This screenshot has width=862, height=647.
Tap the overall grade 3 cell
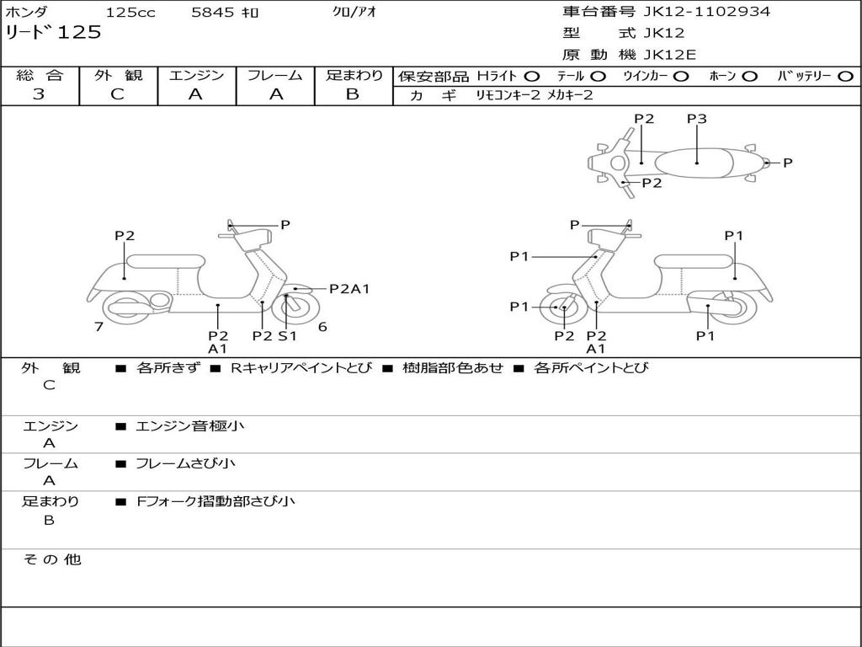(40, 94)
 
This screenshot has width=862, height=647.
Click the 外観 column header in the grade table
(118, 76)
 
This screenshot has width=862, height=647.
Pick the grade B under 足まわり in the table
(353, 94)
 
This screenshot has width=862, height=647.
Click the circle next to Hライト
(532, 76)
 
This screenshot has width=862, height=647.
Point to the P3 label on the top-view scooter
(696, 119)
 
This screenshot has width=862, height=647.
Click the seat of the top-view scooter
(697, 161)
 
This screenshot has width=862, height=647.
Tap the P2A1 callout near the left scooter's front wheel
(349, 289)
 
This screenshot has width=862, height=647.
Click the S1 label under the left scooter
(287, 335)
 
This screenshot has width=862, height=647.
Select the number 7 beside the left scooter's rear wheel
(98, 327)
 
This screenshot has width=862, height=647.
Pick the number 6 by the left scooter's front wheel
(322, 327)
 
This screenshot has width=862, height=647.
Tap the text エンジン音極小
(190, 426)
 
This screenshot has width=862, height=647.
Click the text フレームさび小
(186, 463)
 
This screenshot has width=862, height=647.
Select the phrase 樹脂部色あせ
(453, 368)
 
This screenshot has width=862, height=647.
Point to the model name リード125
(53, 33)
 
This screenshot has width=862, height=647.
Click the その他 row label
(52, 559)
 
